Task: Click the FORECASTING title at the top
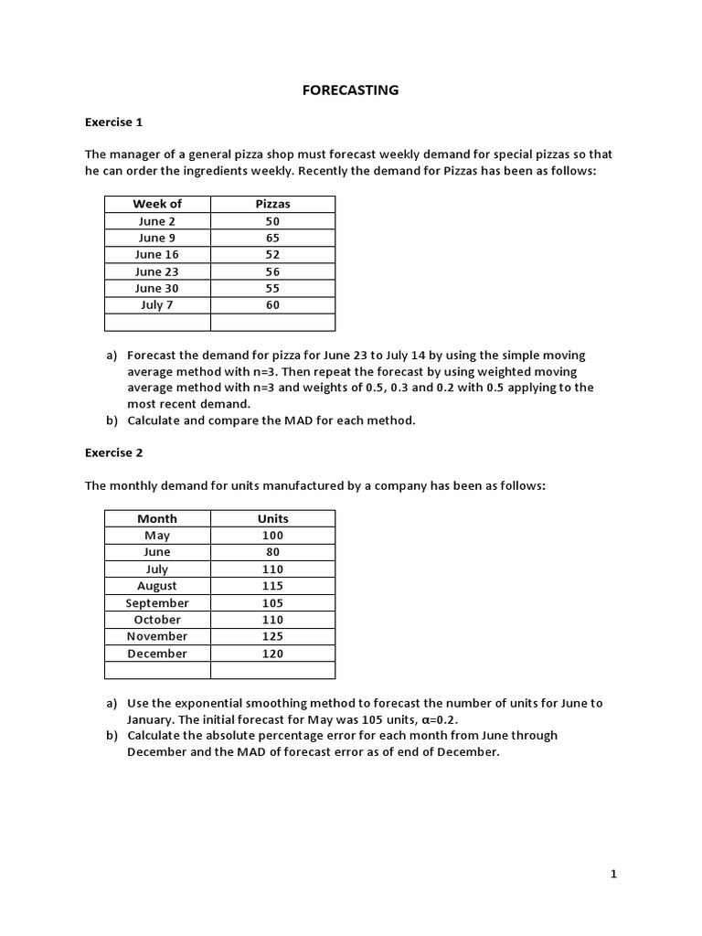(x=351, y=90)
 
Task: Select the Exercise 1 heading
(x=113, y=122)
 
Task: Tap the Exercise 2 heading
(x=113, y=452)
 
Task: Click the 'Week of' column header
(x=157, y=204)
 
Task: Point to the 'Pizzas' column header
(x=272, y=204)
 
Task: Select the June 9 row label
(x=157, y=238)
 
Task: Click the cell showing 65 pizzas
(x=272, y=238)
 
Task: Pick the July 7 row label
(x=157, y=304)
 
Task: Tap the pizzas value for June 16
(x=272, y=254)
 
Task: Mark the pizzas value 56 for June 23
(x=272, y=271)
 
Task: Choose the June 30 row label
(x=157, y=288)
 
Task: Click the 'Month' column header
(x=157, y=518)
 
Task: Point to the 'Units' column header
(x=272, y=518)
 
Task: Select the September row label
(x=157, y=603)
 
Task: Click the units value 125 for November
(x=272, y=636)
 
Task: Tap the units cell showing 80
(x=272, y=552)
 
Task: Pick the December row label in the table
(x=157, y=654)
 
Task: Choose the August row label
(x=157, y=586)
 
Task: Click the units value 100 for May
(x=272, y=536)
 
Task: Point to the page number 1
(x=613, y=875)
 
